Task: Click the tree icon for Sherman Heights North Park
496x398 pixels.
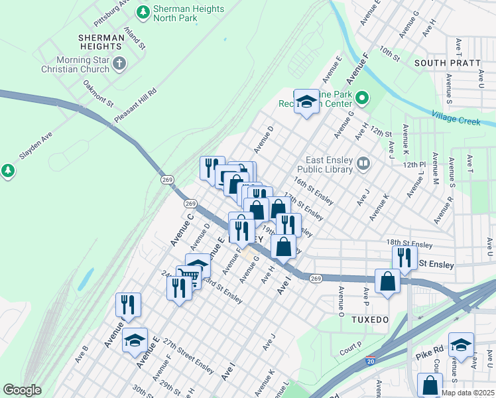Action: (143, 11)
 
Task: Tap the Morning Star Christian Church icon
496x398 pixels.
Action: (119, 64)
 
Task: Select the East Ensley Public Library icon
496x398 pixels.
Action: (363, 163)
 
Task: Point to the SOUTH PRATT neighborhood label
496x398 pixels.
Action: (447, 63)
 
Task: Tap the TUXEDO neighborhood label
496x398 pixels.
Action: (370, 319)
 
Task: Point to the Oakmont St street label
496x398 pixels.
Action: (99, 94)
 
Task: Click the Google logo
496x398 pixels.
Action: (22, 390)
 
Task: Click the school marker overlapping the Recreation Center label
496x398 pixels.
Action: (306, 101)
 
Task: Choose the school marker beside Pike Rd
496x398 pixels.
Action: (461, 344)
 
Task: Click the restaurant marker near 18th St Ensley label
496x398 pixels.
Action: (404, 257)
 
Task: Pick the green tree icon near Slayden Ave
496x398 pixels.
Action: (8, 171)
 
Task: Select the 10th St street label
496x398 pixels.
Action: (390, 56)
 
